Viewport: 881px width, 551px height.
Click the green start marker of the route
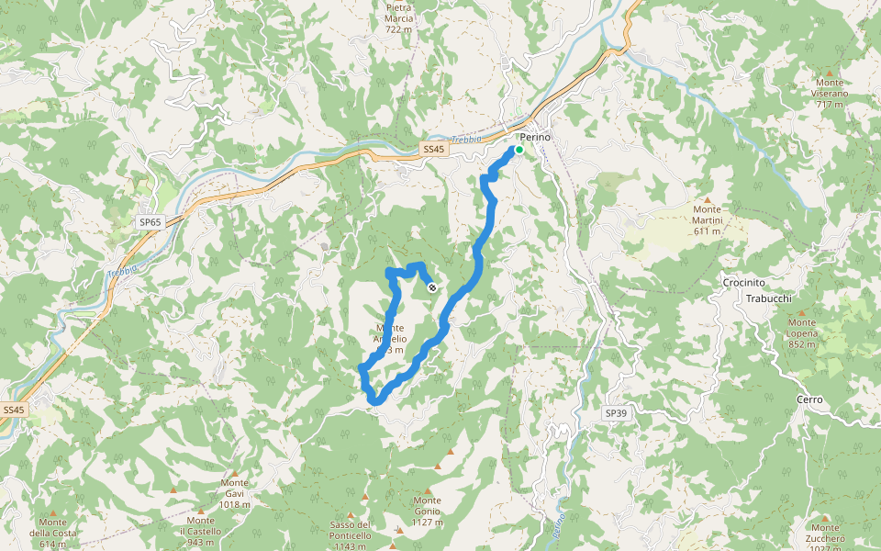point(519,150)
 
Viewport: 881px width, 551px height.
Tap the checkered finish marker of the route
point(432,287)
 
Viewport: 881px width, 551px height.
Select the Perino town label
point(535,137)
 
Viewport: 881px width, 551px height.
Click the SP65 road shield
point(150,222)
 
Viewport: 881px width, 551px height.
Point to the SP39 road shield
point(617,414)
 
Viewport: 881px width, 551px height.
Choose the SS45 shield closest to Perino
point(433,149)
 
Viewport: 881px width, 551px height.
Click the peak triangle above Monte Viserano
point(830,72)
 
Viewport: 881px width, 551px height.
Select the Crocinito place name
point(744,283)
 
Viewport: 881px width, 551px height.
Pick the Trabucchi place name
point(768,299)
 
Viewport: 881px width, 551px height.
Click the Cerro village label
point(810,400)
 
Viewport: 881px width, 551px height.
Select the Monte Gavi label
point(235,488)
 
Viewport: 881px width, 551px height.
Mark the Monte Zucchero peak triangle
point(825,515)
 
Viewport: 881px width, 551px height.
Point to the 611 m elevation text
point(708,231)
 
